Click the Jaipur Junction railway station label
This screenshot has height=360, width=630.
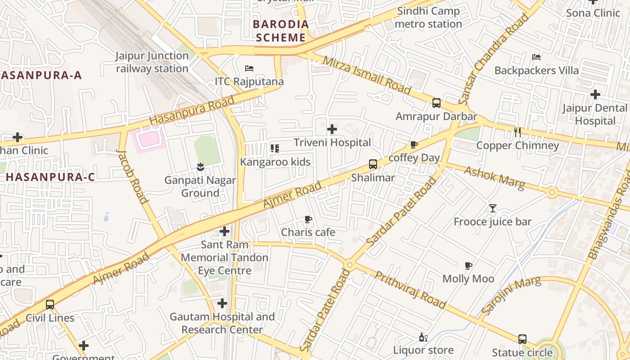pyautogui.click(x=152, y=62)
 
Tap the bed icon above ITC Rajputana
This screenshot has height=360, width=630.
pyautogui.click(x=249, y=68)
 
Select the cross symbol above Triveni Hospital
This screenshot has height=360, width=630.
pyautogui.click(x=332, y=130)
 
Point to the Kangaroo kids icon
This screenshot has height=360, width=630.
pyautogui.click(x=275, y=148)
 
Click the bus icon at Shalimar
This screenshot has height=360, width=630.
pyautogui.click(x=373, y=164)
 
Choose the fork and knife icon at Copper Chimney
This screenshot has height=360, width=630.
pyautogui.click(x=517, y=132)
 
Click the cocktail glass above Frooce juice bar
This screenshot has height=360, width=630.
pyautogui.click(x=493, y=208)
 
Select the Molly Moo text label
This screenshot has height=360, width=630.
pyautogui.click(x=468, y=279)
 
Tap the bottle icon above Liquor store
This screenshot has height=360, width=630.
pyautogui.click(x=423, y=337)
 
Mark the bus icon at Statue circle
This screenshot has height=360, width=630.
pyautogui.click(x=522, y=339)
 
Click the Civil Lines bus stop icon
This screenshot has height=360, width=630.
pyautogui.click(x=50, y=305)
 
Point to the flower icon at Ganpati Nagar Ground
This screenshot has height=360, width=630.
pyautogui.click(x=200, y=167)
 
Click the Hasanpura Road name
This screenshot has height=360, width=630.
pyautogui.click(x=192, y=111)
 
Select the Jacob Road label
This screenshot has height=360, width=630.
pyautogui.click(x=132, y=176)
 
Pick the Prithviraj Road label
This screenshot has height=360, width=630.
pyautogui.click(x=410, y=290)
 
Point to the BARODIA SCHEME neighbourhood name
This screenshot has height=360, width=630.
pyautogui.click(x=280, y=31)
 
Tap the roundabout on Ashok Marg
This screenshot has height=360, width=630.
pyautogui.click(x=552, y=193)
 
